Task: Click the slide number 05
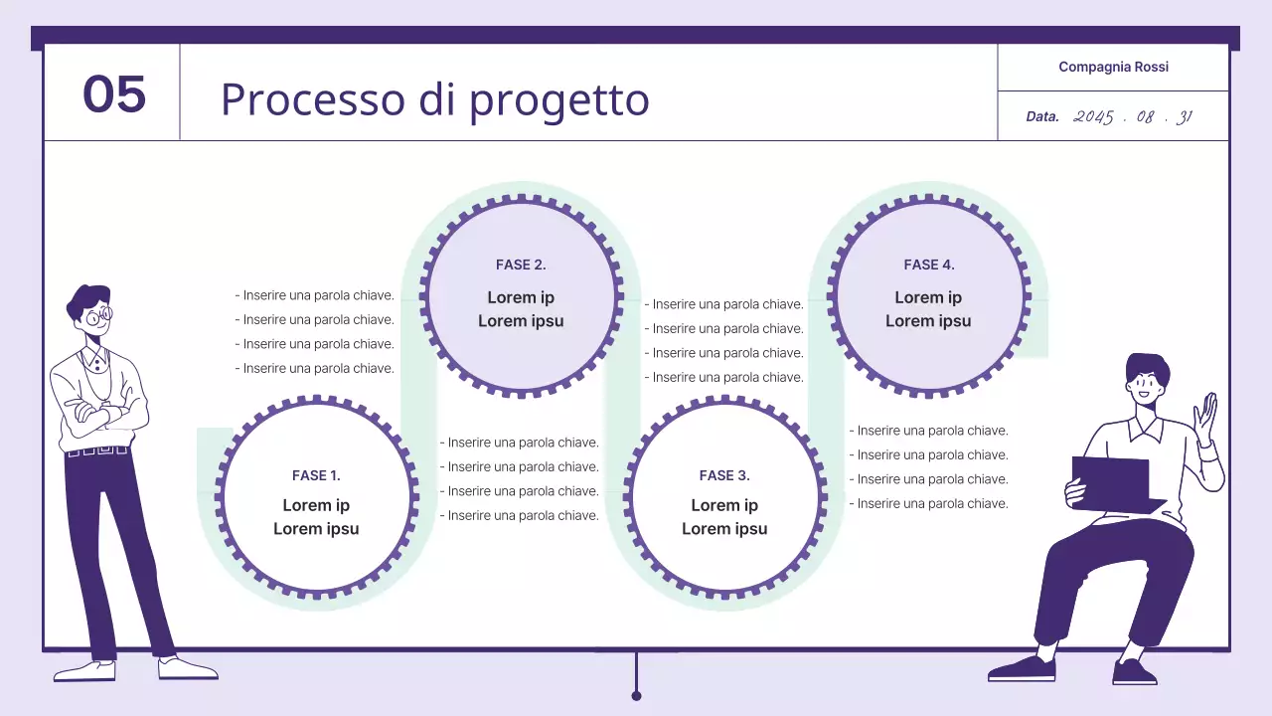click(114, 94)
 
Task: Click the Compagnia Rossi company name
click(1113, 67)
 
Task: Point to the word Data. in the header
click(1042, 116)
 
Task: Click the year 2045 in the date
click(1093, 116)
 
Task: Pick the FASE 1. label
click(316, 475)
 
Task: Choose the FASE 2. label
click(521, 265)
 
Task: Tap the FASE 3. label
click(724, 475)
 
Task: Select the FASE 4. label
click(928, 265)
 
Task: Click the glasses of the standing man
click(97, 318)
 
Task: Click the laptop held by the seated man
click(1111, 482)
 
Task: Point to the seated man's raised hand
click(1206, 418)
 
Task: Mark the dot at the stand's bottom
click(636, 695)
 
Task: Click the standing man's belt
click(97, 451)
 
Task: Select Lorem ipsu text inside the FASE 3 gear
click(724, 529)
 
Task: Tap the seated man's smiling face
click(1144, 383)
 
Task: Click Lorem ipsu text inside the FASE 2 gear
click(521, 321)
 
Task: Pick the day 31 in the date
click(1183, 116)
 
